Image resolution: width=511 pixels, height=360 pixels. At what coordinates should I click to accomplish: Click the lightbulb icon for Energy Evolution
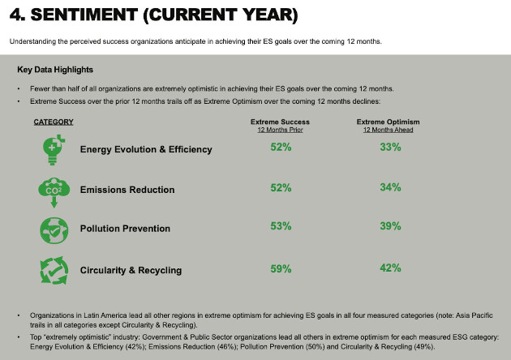click(x=53, y=149)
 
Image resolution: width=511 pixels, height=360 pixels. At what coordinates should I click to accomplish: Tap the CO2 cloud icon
click(x=53, y=191)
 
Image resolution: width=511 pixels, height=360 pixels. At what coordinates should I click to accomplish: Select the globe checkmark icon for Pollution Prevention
click(x=53, y=229)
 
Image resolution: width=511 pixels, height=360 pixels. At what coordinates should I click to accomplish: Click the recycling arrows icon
click(x=53, y=270)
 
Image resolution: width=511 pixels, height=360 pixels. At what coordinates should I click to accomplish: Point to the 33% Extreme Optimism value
click(x=390, y=147)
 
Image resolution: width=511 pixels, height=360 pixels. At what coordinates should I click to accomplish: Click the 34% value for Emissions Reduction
click(x=390, y=187)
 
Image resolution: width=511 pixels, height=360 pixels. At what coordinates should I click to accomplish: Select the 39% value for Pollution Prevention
click(x=390, y=226)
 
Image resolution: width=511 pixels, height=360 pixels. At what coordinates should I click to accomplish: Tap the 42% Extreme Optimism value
click(x=390, y=268)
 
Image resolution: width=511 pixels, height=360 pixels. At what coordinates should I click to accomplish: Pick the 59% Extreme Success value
click(x=281, y=268)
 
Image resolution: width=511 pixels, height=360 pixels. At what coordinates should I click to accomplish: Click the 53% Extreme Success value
click(x=281, y=226)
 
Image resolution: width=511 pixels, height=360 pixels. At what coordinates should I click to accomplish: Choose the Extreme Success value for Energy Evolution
click(x=281, y=147)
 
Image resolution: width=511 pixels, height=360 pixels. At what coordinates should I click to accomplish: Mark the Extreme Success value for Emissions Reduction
click(x=281, y=187)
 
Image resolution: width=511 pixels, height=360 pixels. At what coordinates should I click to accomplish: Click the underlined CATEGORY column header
click(x=54, y=122)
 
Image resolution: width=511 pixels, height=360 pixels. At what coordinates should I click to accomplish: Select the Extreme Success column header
click(x=280, y=122)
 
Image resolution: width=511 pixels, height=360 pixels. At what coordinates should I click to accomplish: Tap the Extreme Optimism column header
click(x=388, y=122)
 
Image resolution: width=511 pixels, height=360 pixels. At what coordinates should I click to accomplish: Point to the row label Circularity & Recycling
click(x=131, y=270)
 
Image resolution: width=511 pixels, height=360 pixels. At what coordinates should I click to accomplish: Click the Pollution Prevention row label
click(x=125, y=229)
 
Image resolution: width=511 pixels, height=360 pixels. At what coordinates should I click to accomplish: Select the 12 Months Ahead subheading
click(x=388, y=130)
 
